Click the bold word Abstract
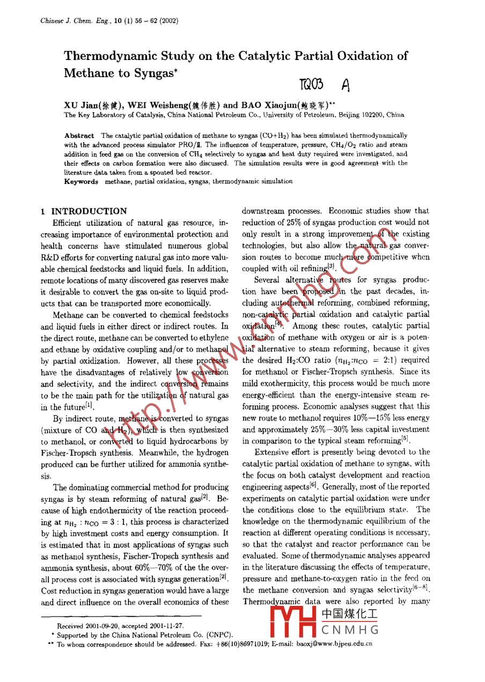(79, 136)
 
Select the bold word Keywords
(81, 181)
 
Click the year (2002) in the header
(169, 21)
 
